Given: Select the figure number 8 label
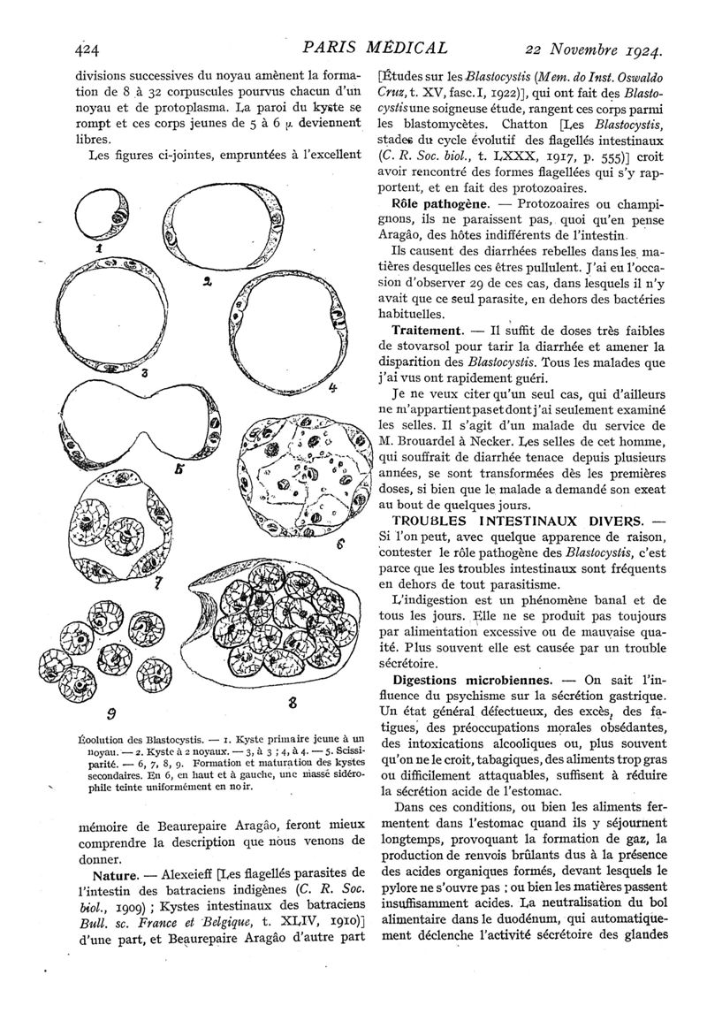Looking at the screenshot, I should point(288,704).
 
